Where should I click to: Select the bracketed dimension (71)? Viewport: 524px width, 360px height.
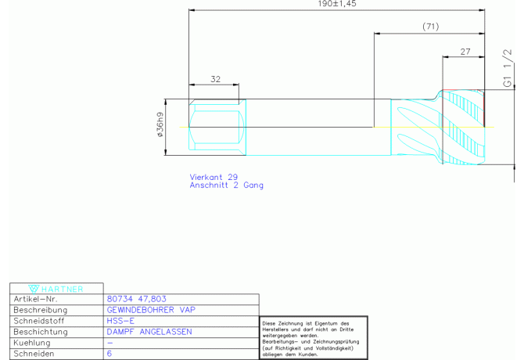429,27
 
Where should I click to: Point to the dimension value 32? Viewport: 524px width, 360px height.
215,79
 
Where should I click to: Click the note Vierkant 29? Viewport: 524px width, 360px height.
214,177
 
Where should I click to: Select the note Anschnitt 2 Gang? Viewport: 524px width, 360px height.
226,185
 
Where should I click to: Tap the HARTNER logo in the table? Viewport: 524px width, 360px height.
56,289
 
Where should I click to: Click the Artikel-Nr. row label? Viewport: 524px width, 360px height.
37,299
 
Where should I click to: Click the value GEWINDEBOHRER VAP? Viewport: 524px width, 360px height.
150,310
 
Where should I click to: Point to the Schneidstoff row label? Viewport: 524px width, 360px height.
39,321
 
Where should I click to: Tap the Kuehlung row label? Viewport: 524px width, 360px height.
33,343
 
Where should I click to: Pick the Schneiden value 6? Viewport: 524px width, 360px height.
109,354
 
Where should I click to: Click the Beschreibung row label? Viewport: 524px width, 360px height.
39,310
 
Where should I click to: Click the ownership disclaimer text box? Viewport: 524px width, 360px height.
313,338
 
